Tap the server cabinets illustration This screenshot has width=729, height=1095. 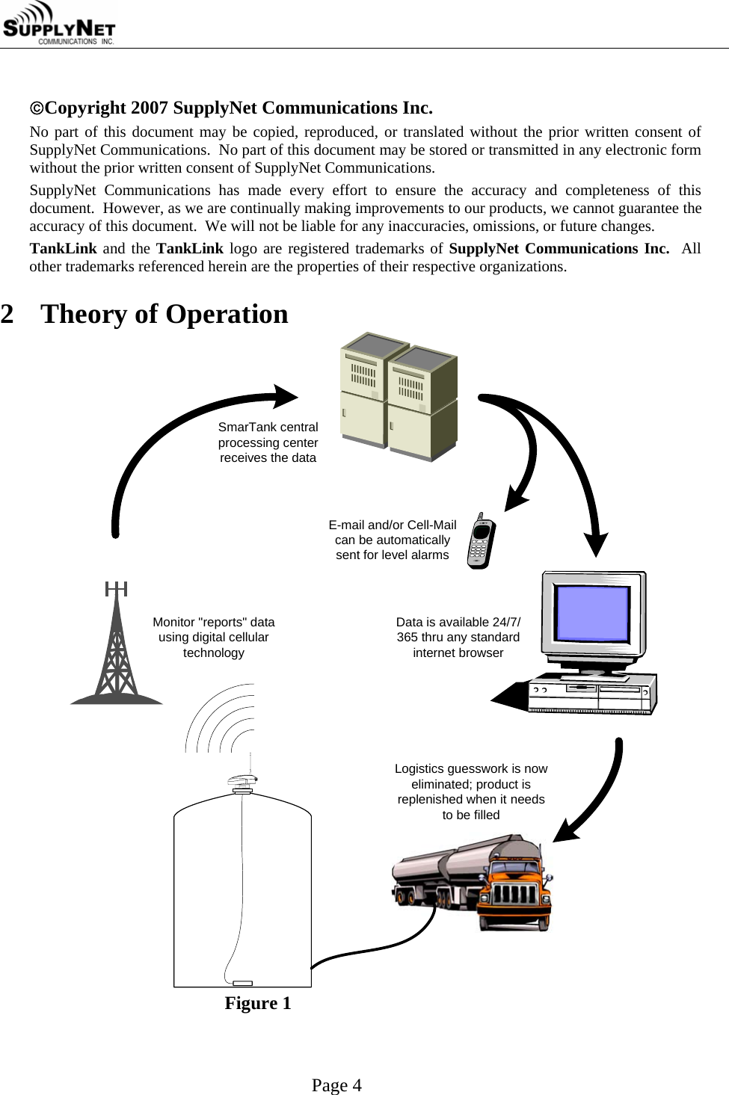pos(399,396)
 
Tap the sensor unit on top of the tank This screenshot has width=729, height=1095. pos(243,783)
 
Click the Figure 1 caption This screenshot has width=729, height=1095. pos(258,1003)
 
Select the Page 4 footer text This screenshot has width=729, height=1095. pos(336,1085)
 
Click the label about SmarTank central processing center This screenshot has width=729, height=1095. pos(268,442)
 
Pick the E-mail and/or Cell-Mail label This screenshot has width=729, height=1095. pos(393,540)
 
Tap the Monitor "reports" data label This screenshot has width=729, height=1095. pos(214,638)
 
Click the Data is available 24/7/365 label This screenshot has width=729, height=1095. pos(458,638)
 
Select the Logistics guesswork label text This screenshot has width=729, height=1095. pos(471,792)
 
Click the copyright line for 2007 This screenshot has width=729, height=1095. pos(231,108)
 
